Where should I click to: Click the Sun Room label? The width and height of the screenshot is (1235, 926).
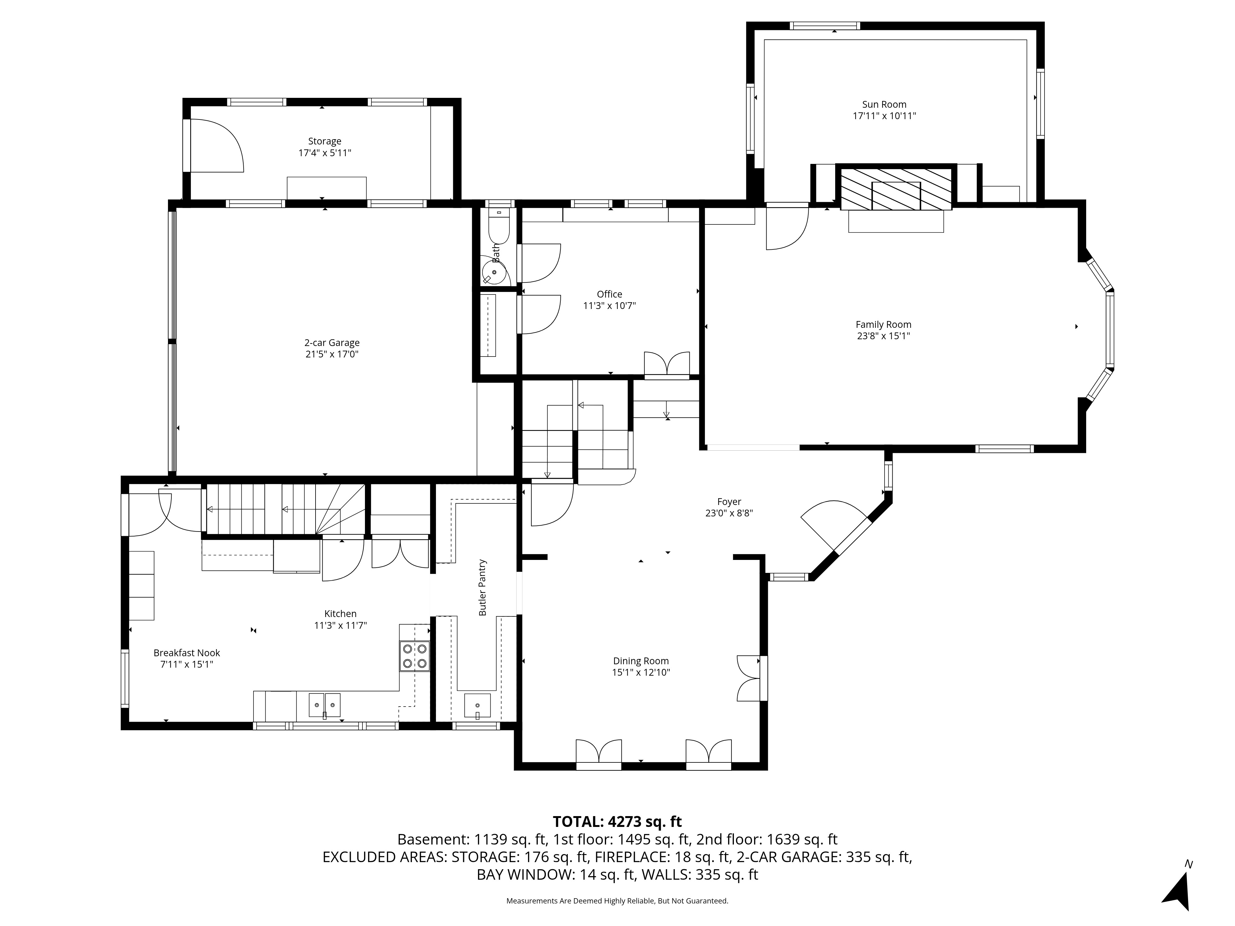884,104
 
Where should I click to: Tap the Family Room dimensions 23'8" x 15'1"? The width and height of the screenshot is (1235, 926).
883,336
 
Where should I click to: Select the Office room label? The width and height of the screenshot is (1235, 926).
609,294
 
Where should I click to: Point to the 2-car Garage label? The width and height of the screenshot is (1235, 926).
332,343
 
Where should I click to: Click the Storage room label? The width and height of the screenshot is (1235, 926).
324,141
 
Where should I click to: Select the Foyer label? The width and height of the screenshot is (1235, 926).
729,502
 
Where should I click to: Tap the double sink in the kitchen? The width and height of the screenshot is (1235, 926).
325,706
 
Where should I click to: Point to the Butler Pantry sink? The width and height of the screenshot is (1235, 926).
477,706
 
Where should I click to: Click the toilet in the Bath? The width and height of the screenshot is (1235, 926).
499,226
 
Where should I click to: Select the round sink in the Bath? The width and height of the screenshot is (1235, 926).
494,273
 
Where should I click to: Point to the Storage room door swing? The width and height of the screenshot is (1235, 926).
217,145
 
